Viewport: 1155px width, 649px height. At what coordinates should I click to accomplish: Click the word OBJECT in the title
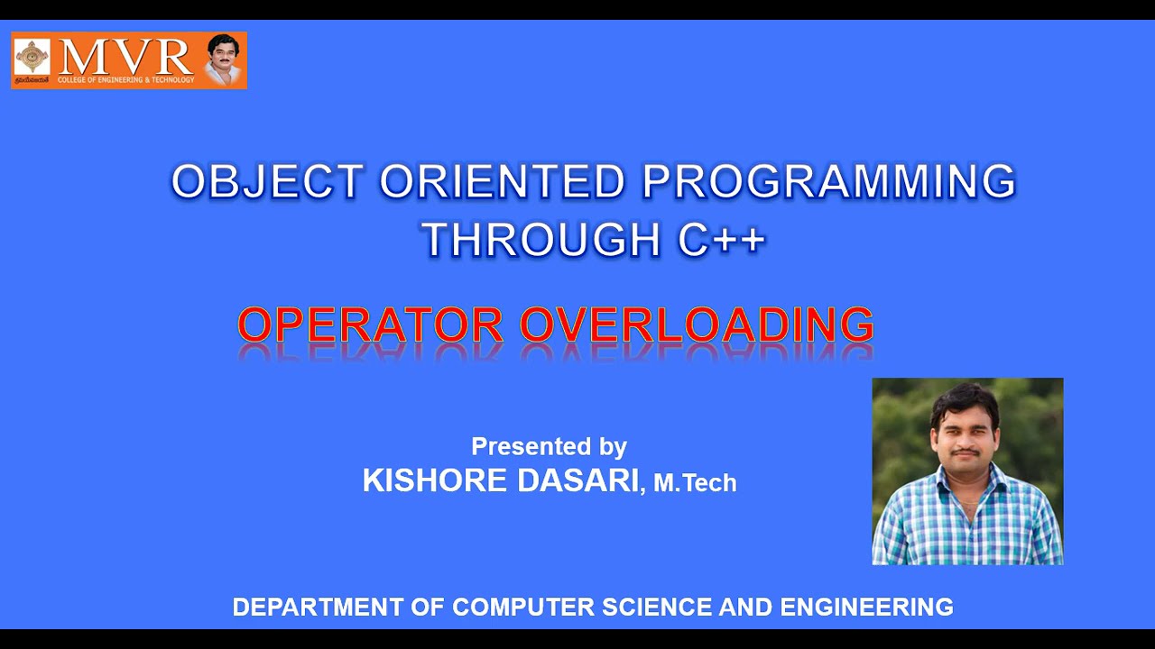coord(268,182)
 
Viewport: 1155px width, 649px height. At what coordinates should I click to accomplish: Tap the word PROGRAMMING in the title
coord(828,182)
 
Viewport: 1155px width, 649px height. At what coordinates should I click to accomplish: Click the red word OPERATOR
coord(370,324)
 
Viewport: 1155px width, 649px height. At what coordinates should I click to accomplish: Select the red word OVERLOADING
coord(697,324)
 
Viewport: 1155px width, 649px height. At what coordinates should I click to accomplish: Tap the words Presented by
coord(549,446)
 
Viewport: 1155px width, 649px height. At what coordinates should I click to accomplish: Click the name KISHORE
coord(435,480)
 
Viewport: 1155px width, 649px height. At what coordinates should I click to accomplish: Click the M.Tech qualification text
coord(695,484)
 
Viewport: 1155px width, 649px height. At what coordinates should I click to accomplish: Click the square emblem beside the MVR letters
coord(32,57)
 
